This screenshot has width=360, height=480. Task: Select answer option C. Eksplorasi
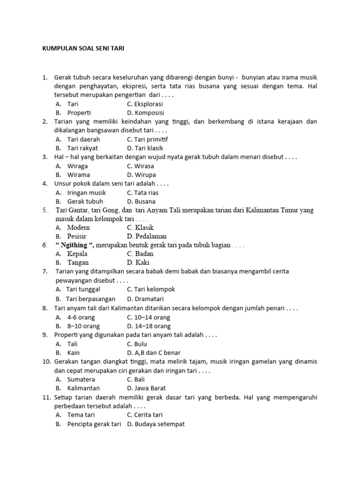pos(145,104)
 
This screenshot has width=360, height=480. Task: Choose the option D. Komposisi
pos(145,112)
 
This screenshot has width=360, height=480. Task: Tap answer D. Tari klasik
pos(145,148)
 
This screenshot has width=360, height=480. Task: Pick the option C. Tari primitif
pos(147,139)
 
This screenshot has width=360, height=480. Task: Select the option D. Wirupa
pos(141,175)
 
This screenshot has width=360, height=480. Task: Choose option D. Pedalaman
pos(147,236)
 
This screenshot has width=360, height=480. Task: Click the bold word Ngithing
pos(75,245)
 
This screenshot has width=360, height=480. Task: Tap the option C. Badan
pos(140,254)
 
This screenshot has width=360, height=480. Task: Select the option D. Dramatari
pos(145,299)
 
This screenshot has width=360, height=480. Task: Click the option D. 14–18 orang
pos(149,326)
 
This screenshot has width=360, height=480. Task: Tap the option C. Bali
pos(136,379)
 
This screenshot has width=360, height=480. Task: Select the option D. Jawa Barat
pos(146,388)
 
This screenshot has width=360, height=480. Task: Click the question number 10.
pos(46,361)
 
